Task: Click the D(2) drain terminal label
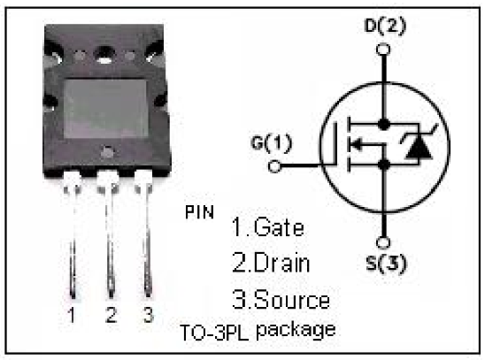(385, 26)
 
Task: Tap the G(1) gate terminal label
(271, 143)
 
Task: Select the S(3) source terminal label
(386, 264)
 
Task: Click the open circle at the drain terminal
(383, 50)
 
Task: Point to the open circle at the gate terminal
(274, 166)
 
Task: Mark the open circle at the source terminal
(383, 242)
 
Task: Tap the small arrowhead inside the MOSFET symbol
(357, 143)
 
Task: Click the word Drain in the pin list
(281, 263)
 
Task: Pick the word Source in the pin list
(292, 300)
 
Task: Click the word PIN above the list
(199, 212)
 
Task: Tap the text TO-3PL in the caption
(214, 333)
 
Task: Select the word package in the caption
(296, 331)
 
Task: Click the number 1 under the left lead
(72, 315)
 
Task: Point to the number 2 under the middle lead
(111, 315)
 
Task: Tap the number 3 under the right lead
(149, 315)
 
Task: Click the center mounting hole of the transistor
(104, 55)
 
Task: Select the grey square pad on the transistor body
(105, 109)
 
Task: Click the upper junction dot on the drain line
(383, 124)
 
